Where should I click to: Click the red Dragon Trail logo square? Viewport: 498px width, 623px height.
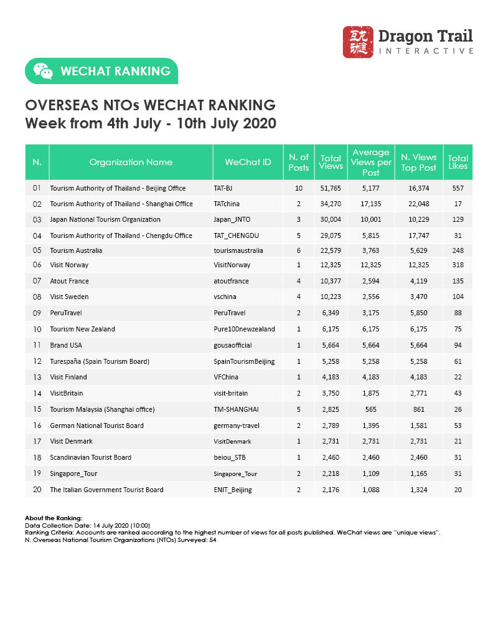(358, 42)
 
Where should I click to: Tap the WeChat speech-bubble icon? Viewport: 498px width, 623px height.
(43, 71)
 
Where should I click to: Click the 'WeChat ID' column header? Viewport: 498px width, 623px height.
(248, 162)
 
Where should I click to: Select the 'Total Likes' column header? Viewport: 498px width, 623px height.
(458, 162)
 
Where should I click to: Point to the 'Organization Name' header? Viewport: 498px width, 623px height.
(131, 162)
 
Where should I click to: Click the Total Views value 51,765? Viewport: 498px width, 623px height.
(331, 188)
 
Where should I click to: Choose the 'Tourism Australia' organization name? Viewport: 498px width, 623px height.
(76, 250)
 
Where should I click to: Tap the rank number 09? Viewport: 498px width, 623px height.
(37, 313)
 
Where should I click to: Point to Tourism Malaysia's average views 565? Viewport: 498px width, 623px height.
(371, 409)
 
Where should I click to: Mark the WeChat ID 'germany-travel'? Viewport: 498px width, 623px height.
(237, 425)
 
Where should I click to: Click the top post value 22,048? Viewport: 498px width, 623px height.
(418, 204)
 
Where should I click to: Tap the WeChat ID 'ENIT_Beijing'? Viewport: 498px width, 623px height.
(233, 490)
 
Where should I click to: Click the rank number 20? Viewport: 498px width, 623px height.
(37, 490)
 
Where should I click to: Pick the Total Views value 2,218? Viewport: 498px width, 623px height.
(331, 473)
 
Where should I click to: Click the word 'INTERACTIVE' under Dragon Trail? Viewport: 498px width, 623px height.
(426, 50)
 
